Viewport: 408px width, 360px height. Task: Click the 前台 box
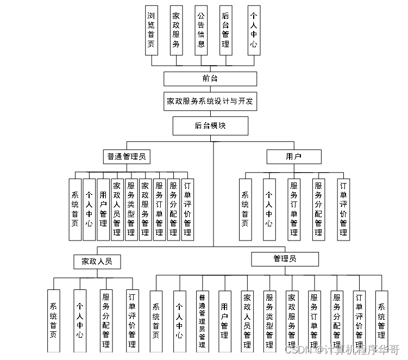[210, 78]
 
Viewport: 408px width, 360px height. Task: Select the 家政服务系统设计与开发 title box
[210, 101]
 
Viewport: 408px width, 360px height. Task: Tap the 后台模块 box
[210, 126]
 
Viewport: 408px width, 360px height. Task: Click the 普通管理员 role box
[127, 157]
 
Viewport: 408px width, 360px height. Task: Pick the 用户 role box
[293, 157]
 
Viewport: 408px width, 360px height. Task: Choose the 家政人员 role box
[97, 261]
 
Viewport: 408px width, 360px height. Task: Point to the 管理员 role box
[285, 259]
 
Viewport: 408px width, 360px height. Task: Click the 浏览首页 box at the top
[152, 30]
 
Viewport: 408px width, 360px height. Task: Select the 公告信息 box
[201, 30]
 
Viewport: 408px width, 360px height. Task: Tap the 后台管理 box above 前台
[226, 30]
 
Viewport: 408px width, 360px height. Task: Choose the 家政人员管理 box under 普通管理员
[117, 209]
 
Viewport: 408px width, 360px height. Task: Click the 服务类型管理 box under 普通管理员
[131, 209]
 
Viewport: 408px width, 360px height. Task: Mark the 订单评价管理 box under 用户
[343, 209]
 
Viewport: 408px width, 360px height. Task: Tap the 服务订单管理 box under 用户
[294, 209]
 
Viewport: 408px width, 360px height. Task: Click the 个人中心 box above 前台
[253, 30]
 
